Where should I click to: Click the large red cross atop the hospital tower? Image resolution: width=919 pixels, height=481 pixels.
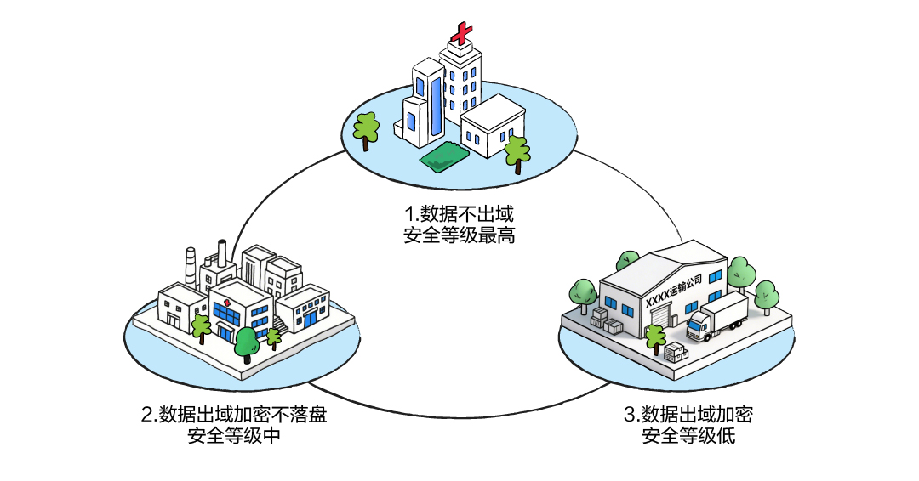click(460, 35)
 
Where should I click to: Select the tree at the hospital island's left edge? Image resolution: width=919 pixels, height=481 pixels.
click(367, 129)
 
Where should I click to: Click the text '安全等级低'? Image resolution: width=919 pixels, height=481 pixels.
click(688, 437)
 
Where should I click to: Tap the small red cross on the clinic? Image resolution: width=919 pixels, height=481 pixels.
click(227, 303)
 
